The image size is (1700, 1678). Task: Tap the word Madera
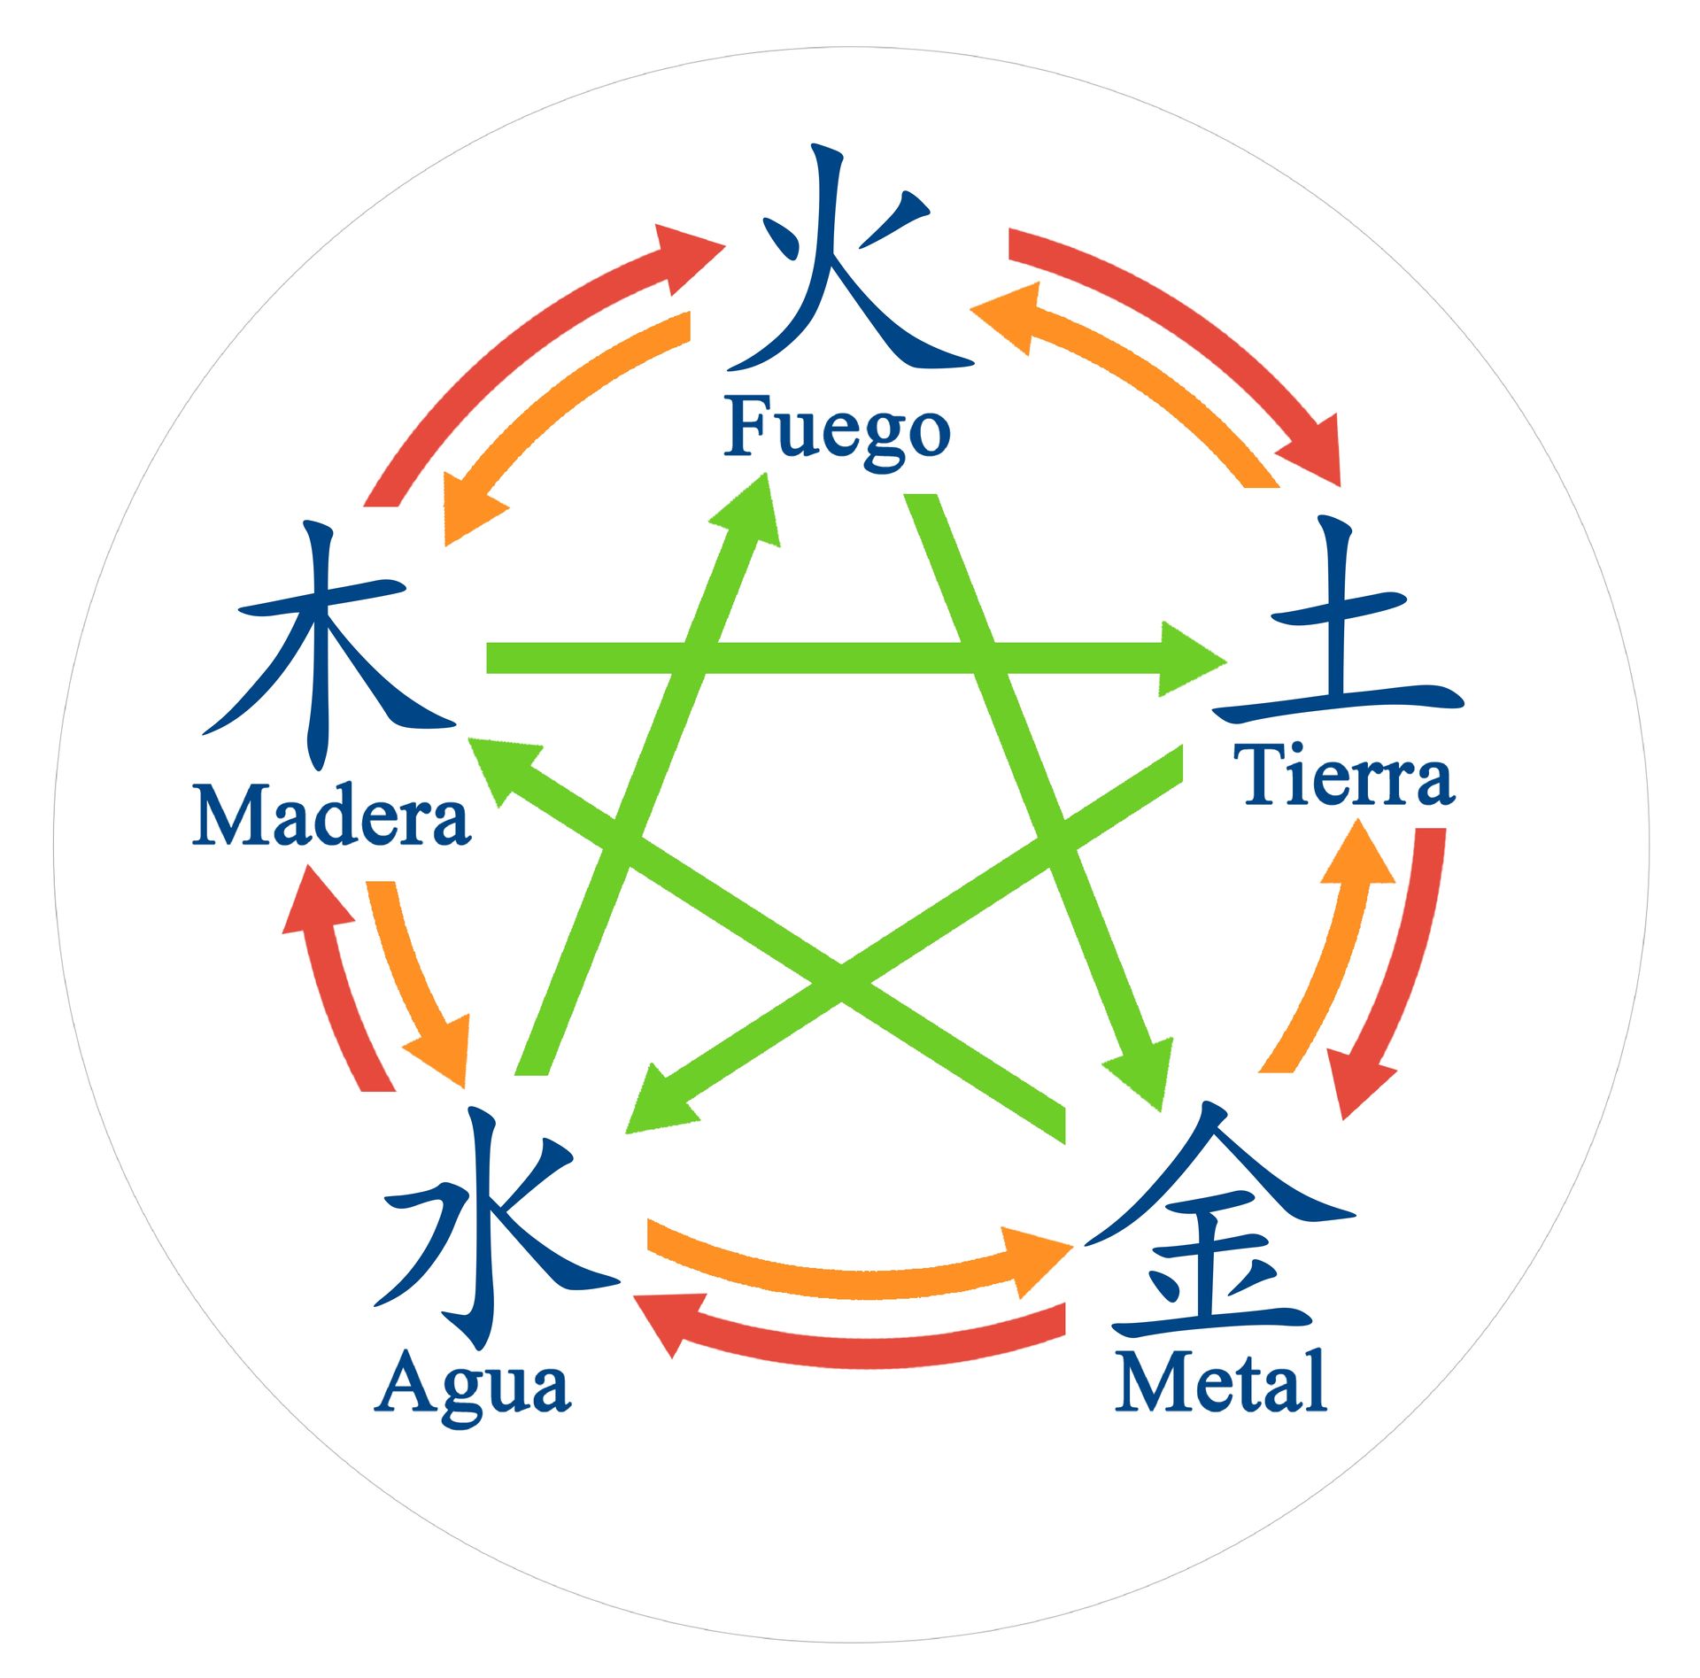[331, 816]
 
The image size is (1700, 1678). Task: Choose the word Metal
[1220, 1380]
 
